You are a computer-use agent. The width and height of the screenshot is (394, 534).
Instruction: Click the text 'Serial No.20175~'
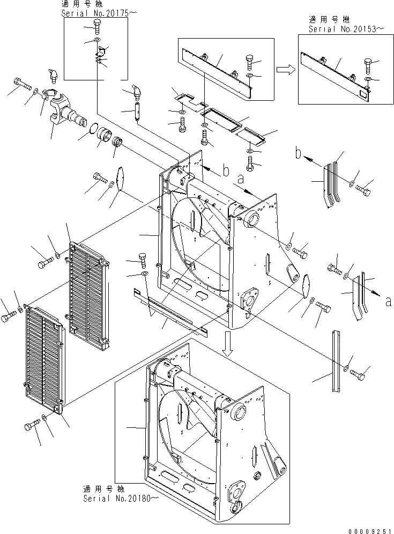(96, 14)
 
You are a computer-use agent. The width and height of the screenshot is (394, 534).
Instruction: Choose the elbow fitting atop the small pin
(136, 93)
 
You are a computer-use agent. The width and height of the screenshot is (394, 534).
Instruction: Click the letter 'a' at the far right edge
(388, 302)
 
